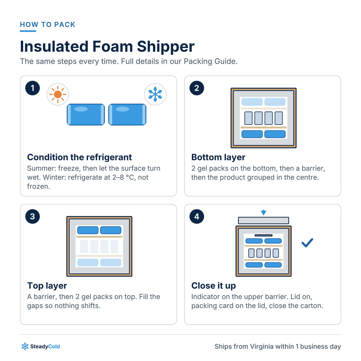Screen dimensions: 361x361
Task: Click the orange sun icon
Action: click(x=57, y=94)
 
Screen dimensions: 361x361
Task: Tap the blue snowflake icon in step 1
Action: click(x=155, y=94)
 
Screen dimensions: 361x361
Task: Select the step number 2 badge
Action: click(x=197, y=88)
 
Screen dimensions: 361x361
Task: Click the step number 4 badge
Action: click(x=197, y=216)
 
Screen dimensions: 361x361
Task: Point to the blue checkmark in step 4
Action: click(x=307, y=243)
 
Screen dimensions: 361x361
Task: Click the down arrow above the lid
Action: click(x=264, y=213)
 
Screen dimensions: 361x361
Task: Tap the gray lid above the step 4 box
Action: click(x=264, y=220)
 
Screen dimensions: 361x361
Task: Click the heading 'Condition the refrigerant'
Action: click(x=79, y=157)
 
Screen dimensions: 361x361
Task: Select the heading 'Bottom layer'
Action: click(x=218, y=157)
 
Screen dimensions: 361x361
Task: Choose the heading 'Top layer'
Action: click(x=47, y=286)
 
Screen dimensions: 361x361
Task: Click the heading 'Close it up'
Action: click(x=214, y=286)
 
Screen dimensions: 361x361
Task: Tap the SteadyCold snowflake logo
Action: click(x=25, y=346)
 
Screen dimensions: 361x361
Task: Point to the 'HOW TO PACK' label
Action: click(x=48, y=24)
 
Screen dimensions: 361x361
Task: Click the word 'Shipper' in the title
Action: click(x=166, y=47)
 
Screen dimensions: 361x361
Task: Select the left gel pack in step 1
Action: click(x=86, y=115)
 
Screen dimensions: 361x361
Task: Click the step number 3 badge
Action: click(x=32, y=216)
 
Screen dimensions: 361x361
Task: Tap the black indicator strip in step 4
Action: click(x=264, y=235)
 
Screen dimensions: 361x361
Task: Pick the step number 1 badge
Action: click(x=32, y=88)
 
